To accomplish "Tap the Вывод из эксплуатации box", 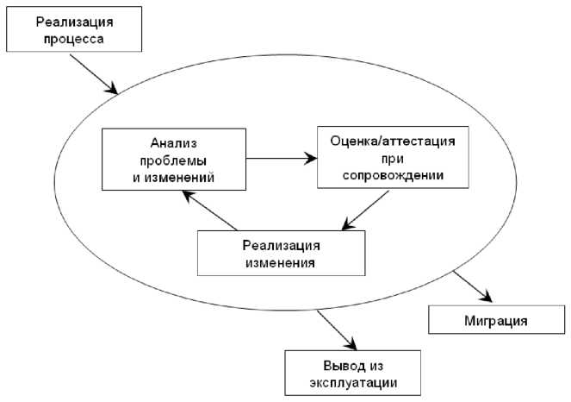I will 353,373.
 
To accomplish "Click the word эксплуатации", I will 353,381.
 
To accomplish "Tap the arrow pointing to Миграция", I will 469,287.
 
